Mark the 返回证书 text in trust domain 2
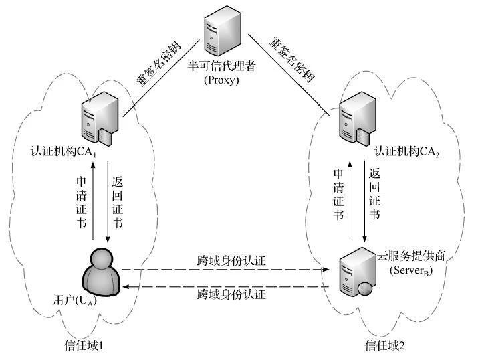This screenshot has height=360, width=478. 374,194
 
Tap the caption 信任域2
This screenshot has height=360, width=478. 384,345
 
